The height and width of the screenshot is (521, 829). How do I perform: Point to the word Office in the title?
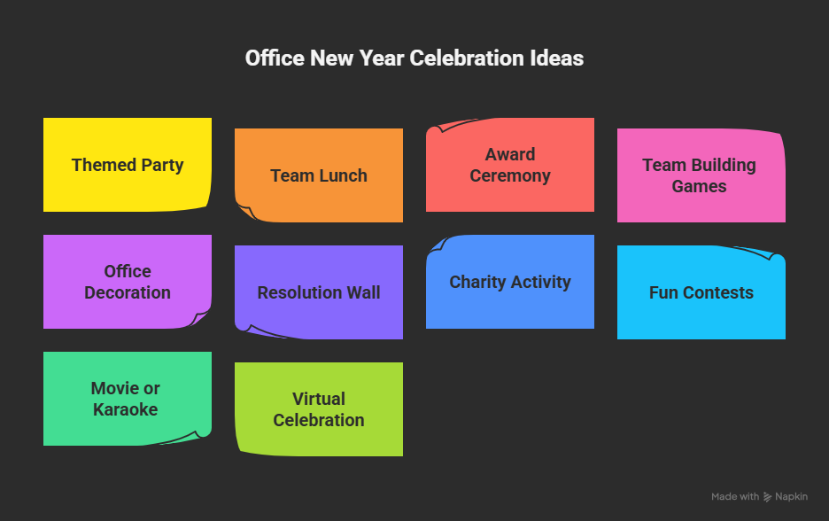[x=275, y=58]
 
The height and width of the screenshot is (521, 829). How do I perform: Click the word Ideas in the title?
[x=557, y=58]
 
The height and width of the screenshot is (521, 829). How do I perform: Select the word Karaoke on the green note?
[x=128, y=409]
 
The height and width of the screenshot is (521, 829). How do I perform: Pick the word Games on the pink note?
[x=700, y=186]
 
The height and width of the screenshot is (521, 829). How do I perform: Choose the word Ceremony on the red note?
[x=510, y=175]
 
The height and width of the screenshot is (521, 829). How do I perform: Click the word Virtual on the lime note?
[x=319, y=399]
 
